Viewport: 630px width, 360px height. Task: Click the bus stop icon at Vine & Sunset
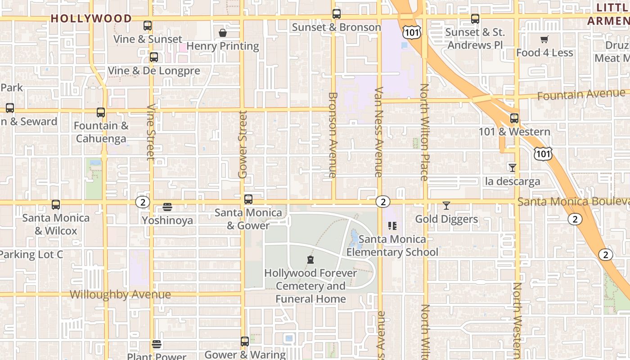[x=148, y=26]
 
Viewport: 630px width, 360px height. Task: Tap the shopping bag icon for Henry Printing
[x=222, y=33]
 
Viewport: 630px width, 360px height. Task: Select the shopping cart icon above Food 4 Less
[x=544, y=40]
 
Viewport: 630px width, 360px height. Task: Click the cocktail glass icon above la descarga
[x=512, y=168]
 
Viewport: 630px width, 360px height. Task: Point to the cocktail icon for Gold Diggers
[x=446, y=206]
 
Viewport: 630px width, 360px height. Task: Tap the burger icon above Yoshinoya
[x=167, y=207]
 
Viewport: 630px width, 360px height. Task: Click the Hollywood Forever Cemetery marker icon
[x=310, y=260]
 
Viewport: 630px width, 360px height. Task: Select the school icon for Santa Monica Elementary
[x=392, y=225]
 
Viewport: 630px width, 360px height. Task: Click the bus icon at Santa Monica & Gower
[x=248, y=199]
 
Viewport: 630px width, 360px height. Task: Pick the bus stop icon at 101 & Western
[x=514, y=118]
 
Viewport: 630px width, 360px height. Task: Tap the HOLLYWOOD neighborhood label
[x=91, y=18]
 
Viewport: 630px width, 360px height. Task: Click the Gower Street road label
[x=243, y=144]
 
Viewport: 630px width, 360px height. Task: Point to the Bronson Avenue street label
[x=333, y=135]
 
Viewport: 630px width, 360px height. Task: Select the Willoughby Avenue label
[x=121, y=295]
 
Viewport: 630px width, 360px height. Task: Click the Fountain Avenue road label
[x=582, y=94]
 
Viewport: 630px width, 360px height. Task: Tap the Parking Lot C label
[x=31, y=255]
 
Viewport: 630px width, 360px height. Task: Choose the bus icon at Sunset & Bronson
[x=337, y=14]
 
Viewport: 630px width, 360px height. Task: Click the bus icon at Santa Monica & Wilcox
[x=56, y=205]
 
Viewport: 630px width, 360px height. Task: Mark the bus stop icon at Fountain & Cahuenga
[x=101, y=112]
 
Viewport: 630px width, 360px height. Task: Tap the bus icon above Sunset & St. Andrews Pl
[x=475, y=19]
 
